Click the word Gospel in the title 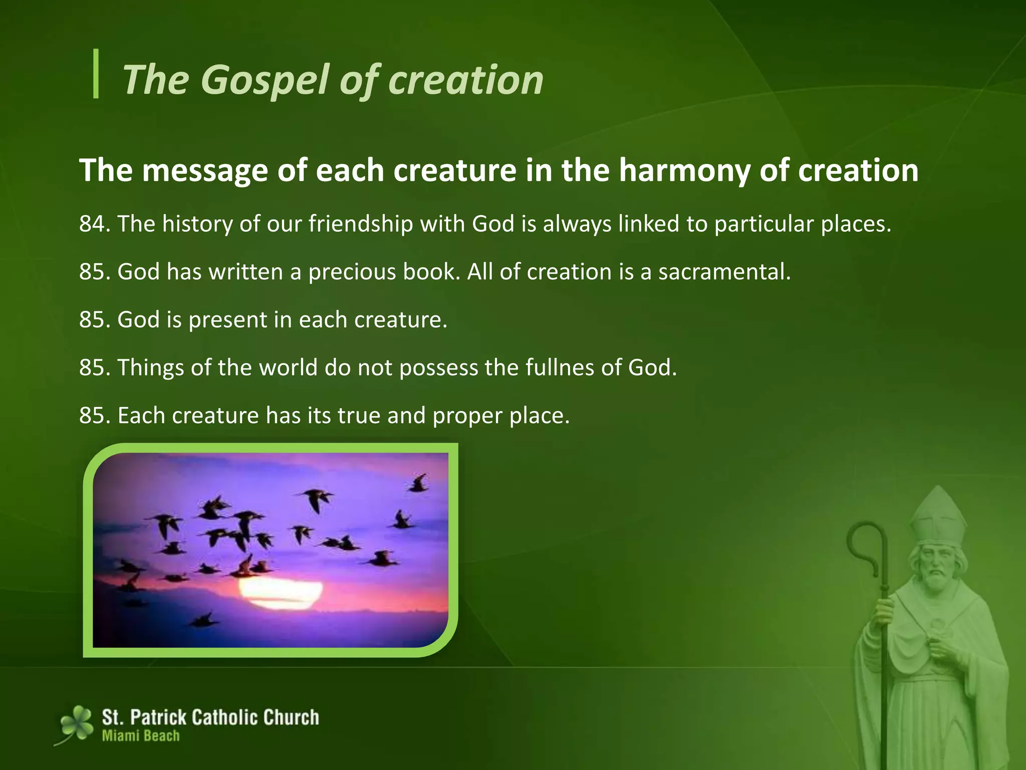266,80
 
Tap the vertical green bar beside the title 96,74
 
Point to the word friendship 361,224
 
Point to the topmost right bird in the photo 418,483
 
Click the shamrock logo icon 77,722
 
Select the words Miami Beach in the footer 141,736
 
